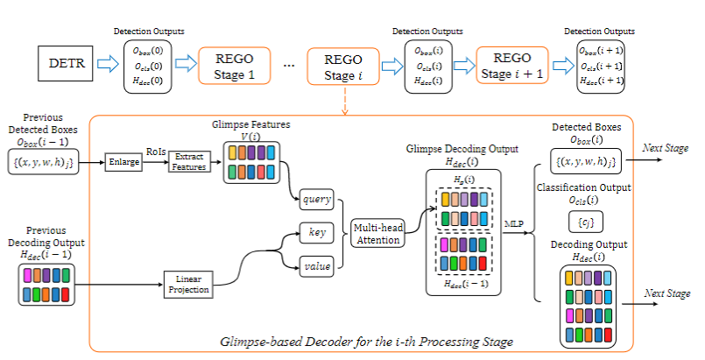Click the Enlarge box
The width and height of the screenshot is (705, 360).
tap(123, 161)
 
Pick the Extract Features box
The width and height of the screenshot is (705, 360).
tap(189, 161)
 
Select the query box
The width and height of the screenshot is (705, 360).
tap(316, 199)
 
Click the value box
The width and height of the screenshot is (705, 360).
tap(316, 263)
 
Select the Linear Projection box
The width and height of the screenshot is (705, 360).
tap(187, 283)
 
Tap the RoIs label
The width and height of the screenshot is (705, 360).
tap(155, 151)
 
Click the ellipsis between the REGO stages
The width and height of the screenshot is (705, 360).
tap(289, 66)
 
